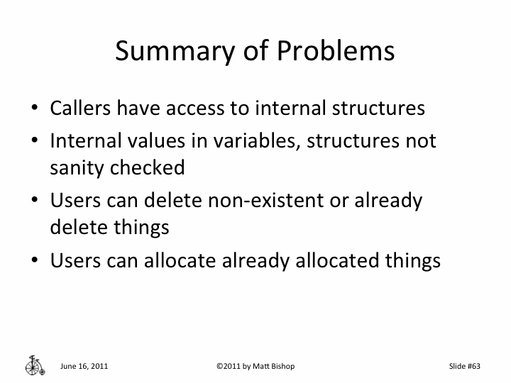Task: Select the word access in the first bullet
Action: pyautogui.click(x=215, y=109)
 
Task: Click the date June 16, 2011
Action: pyautogui.click(x=84, y=366)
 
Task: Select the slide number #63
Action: pyautogui.click(x=473, y=366)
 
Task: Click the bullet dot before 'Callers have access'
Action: pyautogui.click(x=34, y=110)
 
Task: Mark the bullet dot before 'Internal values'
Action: pyautogui.click(x=34, y=141)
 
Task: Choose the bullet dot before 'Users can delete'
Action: pyautogui.click(x=34, y=201)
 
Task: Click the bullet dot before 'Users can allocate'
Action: pyautogui.click(x=34, y=261)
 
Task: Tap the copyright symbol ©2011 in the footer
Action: pyautogui.click(x=227, y=366)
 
